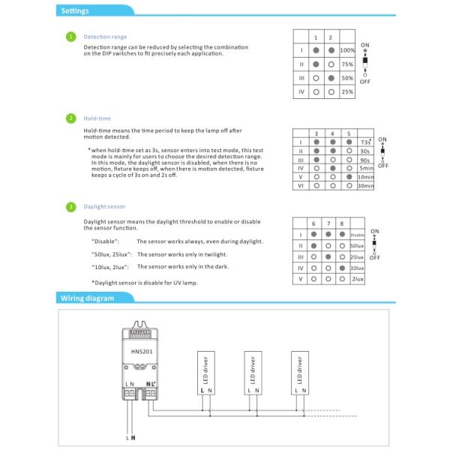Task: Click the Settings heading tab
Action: (76, 11)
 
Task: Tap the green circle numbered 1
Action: (70, 36)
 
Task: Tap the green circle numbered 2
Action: (70, 118)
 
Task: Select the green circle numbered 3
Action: (70, 206)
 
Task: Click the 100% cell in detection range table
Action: (347, 50)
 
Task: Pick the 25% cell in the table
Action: (347, 91)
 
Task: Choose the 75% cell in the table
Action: (347, 64)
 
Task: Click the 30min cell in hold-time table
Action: (366, 186)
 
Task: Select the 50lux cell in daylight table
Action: (357, 245)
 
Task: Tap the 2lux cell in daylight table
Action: (358, 278)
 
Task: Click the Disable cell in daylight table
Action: (357, 235)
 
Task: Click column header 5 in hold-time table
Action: (349, 133)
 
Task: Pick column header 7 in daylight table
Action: (328, 223)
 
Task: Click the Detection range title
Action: (105, 36)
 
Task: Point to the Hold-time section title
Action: (97, 118)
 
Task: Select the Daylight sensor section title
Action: (104, 206)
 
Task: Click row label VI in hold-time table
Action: (299, 186)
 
